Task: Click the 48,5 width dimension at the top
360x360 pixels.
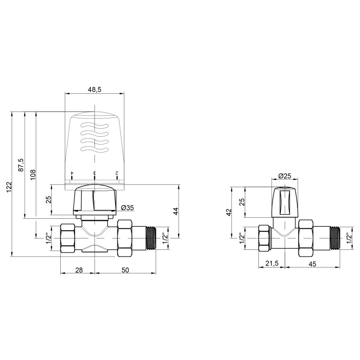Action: (94, 90)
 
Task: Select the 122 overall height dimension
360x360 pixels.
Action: (10, 184)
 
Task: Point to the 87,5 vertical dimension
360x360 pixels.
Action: (20, 165)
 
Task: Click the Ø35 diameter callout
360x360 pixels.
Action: (128, 208)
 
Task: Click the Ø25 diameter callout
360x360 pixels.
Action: (284, 175)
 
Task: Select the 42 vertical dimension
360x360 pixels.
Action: (229, 211)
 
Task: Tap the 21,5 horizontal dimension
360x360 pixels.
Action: (271, 264)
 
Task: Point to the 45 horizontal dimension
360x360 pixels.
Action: (311, 264)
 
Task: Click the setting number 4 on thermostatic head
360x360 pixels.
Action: (72, 173)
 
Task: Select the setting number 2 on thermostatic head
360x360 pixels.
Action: (117, 173)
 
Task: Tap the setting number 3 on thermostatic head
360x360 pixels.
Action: (94, 173)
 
